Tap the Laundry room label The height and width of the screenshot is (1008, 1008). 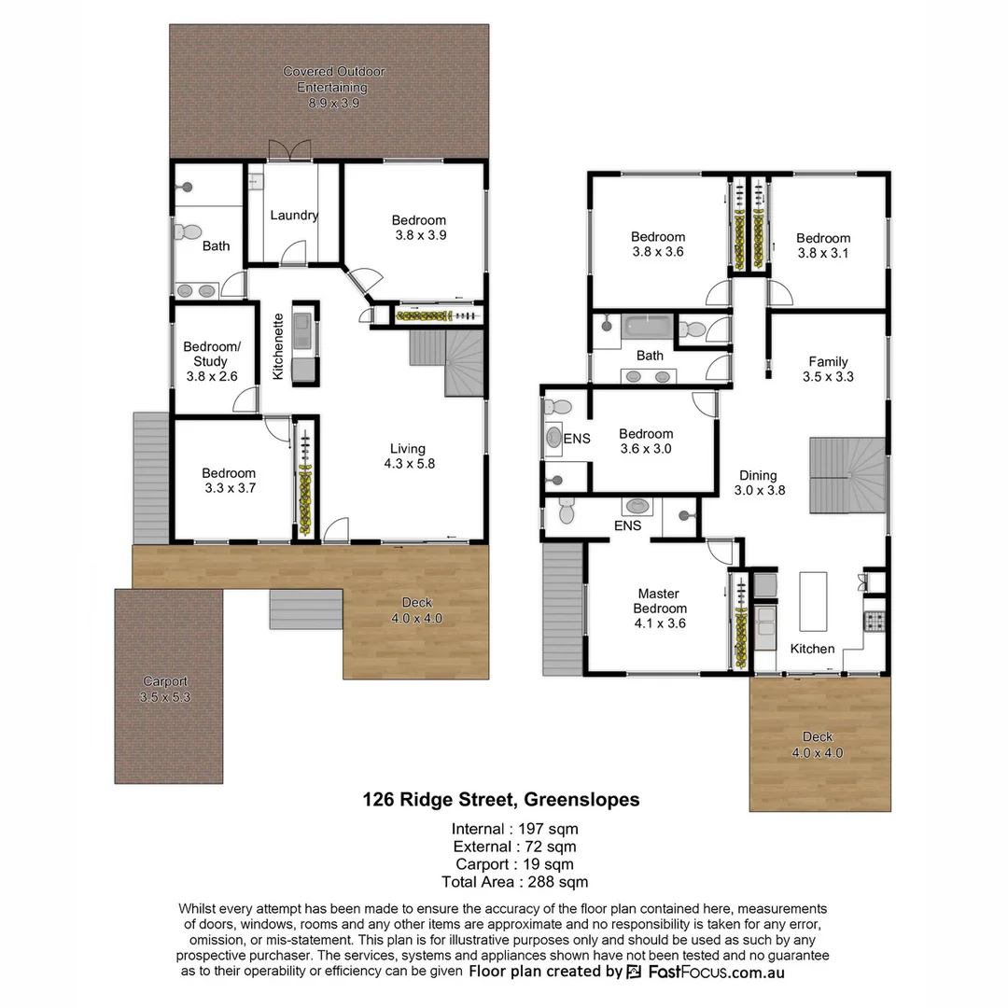(x=294, y=216)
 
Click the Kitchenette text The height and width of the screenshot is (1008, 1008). (x=278, y=345)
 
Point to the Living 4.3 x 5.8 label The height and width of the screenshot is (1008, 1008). (x=408, y=455)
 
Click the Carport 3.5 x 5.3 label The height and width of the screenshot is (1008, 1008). (x=165, y=689)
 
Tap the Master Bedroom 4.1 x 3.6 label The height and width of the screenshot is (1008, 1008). (x=658, y=608)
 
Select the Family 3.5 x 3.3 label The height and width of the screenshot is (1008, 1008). (x=828, y=370)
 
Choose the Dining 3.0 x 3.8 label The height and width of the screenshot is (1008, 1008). (x=759, y=483)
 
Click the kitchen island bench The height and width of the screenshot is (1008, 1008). (x=814, y=602)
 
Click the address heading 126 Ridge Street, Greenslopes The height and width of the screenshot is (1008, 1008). (x=501, y=800)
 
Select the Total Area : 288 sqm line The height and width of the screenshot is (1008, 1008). (x=514, y=882)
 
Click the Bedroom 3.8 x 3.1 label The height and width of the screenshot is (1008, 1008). (x=823, y=245)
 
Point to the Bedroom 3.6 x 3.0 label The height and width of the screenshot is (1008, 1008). (x=646, y=441)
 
